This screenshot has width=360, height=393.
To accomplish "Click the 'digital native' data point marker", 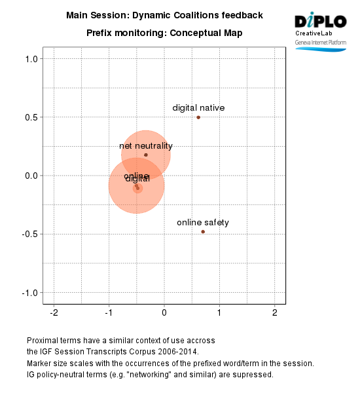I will coord(198,117).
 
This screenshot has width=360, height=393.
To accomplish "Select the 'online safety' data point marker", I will coord(203,231).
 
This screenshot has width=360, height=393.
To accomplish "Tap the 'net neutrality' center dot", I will coord(146,155).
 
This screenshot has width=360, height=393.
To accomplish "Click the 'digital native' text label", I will coord(198,107).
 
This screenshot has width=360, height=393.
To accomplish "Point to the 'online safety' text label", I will coord(203,223).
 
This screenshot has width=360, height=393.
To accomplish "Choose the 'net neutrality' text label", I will coord(146,146).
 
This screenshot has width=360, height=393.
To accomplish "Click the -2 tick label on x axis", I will coord(54,312).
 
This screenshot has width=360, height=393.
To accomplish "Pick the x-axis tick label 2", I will coord(275,312).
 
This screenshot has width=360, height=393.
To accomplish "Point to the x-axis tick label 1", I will coord(220,312).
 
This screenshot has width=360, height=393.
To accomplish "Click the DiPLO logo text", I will coord(321,20).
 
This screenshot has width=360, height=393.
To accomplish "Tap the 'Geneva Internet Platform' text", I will coord(321,42).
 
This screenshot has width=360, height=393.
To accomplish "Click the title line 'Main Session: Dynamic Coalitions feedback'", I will coord(165,14).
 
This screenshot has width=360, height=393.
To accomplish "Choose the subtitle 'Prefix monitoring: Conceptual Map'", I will coord(164,33).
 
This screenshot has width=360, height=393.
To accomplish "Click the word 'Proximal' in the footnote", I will coord(43,341).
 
